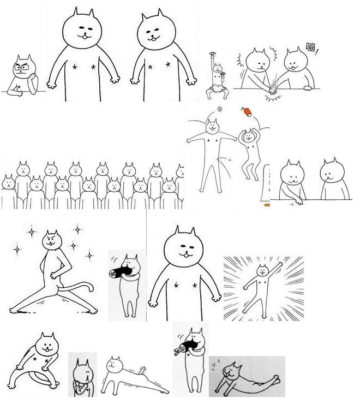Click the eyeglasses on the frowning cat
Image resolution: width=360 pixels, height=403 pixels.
pos(22,68)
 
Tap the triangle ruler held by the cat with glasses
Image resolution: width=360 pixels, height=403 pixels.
pos(18,88)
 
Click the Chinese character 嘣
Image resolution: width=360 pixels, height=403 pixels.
pos(311,47)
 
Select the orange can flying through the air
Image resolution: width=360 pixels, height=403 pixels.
pos(247,112)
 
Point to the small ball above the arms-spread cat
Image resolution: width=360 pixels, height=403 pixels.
pos(220,109)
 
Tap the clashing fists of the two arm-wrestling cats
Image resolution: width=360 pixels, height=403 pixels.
pos(272,91)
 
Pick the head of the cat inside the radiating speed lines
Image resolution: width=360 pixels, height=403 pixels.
pos(262,270)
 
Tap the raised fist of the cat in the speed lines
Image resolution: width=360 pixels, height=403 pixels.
pos(280,264)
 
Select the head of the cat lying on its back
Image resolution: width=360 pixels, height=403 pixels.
pos(230,371)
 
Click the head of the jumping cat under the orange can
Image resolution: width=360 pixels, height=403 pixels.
pos(248,135)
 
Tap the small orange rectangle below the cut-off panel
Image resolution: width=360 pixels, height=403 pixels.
pos(267,205)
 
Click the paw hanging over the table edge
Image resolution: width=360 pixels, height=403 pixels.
pos(299,201)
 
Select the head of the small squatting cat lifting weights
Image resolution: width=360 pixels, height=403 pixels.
pos(218,68)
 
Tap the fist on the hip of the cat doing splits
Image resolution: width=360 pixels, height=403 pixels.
pos(53,276)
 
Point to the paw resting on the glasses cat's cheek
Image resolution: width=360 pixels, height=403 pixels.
pos(33,76)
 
